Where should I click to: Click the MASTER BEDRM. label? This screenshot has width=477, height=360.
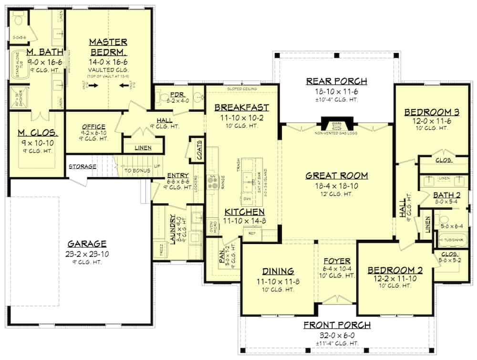109,47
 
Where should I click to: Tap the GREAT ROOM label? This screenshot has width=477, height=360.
337,176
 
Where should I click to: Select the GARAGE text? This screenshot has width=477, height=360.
86,244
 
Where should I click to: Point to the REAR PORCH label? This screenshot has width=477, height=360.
336,81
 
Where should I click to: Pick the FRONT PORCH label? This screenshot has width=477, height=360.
337,326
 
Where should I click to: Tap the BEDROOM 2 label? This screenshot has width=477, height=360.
392,270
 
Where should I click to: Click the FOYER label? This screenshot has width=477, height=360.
337,261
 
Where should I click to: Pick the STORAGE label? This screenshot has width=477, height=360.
82,167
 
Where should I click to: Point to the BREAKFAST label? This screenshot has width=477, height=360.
241,107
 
